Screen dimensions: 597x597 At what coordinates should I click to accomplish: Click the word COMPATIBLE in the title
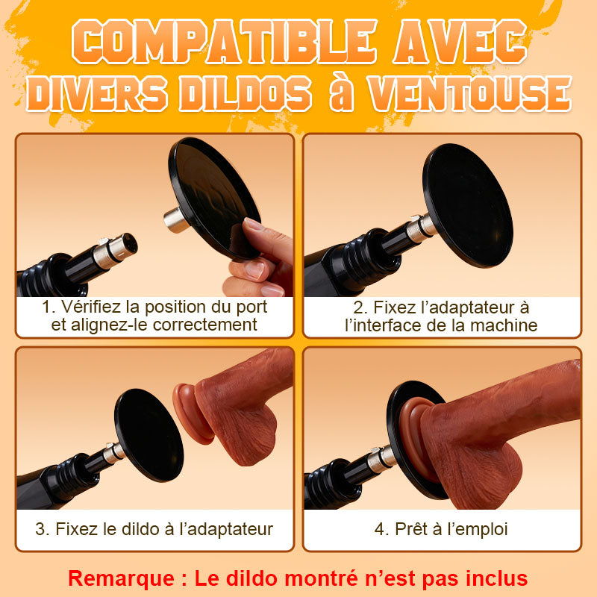[x=225, y=41]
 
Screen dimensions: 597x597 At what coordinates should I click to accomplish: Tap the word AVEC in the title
[x=460, y=41]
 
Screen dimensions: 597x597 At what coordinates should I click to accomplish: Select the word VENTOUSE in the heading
[x=470, y=93]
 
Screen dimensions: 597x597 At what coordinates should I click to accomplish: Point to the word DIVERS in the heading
[x=97, y=93]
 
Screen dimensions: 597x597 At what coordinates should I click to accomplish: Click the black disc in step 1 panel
[x=214, y=198]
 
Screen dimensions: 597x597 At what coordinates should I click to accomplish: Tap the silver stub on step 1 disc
[x=176, y=219]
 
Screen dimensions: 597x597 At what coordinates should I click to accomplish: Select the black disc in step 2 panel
[x=468, y=206]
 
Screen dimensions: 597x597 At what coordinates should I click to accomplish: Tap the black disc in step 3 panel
[x=149, y=435]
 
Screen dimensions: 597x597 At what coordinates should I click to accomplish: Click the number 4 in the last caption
[x=380, y=529]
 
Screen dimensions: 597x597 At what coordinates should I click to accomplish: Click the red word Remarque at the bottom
[x=121, y=578]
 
